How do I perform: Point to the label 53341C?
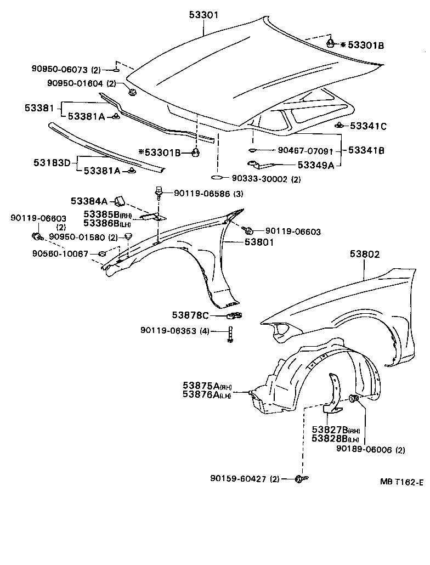click(x=367, y=126)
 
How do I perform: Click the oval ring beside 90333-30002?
click(x=217, y=178)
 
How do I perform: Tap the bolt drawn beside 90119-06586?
click(x=159, y=191)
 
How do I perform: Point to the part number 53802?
click(x=364, y=255)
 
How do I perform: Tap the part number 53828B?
click(x=328, y=438)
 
